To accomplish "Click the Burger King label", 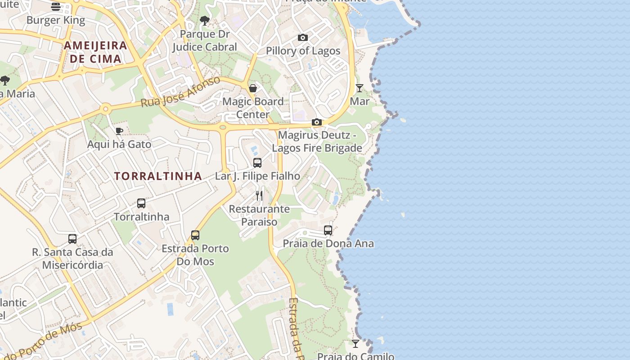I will coord(56,20).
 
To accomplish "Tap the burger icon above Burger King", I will coord(56,6).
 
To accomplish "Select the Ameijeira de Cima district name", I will coord(95,52).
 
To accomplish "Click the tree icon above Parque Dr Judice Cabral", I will coord(205,20).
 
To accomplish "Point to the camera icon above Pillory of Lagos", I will coord(303,37).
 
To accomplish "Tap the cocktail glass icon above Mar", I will coord(360,88).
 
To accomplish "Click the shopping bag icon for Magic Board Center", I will coord(253,88).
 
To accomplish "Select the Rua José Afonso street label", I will coord(181,91).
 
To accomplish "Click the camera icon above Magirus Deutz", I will coord(317,122).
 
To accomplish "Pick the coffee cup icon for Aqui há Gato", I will coord(119,131).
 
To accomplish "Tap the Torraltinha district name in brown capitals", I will coord(158,176).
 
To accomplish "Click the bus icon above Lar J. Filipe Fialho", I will coord(257,162).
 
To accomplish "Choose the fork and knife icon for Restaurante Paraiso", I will coord(259,195).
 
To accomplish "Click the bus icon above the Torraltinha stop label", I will coord(141,203).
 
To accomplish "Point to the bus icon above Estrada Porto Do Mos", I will coord(195,235).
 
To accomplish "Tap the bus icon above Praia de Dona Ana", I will coord(328,230).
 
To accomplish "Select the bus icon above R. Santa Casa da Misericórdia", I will coord(72,238).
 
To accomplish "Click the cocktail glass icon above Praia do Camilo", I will coord(355,343).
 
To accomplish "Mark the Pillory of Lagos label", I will coord(303,51).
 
